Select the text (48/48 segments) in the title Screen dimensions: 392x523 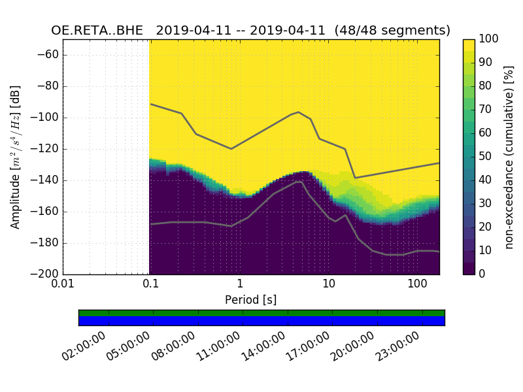click(392, 31)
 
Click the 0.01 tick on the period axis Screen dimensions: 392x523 click(63, 285)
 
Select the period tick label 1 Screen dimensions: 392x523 click(240, 285)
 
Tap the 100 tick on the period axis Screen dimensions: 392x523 click(417, 285)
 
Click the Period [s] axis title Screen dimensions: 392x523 click(251, 300)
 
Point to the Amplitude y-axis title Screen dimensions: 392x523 click(15, 157)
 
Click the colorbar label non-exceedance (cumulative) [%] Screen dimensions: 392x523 click(509, 157)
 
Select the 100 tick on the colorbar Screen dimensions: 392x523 click(489, 39)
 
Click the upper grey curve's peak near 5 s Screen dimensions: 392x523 click(299, 112)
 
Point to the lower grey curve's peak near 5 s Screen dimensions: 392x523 click(299, 182)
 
